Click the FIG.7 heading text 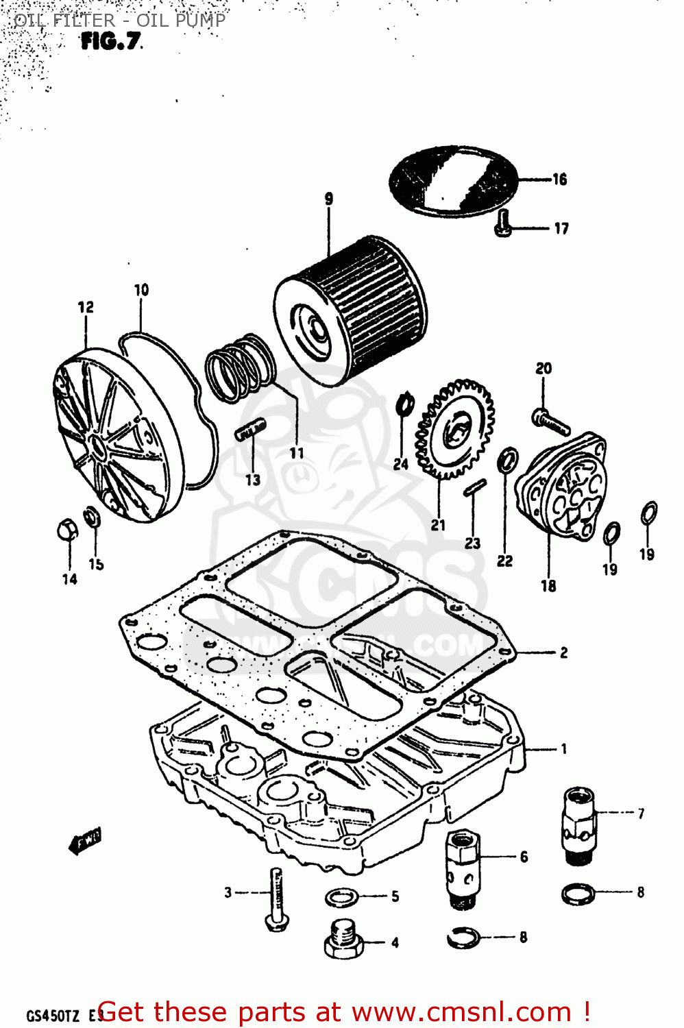(111, 42)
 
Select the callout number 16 (560, 180)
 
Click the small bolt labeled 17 (502, 224)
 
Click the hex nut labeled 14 (67, 530)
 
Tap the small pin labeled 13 (250, 432)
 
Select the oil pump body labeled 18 (562, 485)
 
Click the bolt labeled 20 (550, 420)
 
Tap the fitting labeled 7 (578, 824)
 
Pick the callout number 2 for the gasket (563, 652)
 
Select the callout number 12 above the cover (86, 307)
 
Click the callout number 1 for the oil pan (563, 749)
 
